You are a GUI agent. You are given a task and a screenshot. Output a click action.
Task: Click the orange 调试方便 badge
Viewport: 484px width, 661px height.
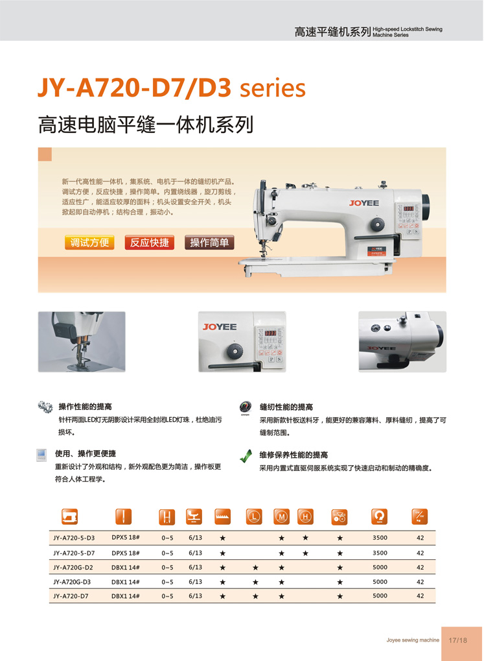(x=89, y=243)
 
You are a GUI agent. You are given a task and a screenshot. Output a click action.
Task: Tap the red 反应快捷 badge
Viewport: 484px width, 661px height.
(x=149, y=243)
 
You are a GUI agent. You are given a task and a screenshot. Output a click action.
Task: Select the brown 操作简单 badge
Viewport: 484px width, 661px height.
(x=209, y=243)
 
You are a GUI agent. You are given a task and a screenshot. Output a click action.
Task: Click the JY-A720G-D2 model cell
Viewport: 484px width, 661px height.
(x=73, y=568)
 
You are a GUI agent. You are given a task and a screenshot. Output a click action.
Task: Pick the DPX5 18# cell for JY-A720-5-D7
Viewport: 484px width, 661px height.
(x=126, y=553)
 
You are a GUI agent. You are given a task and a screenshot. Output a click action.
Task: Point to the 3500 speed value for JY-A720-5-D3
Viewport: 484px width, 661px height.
(x=380, y=538)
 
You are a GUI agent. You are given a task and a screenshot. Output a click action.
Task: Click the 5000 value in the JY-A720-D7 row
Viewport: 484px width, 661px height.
(x=380, y=595)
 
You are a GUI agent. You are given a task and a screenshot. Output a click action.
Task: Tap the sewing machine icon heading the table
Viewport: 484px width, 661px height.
(x=70, y=516)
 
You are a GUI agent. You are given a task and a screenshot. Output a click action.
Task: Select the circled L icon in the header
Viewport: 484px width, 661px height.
(x=254, y=516)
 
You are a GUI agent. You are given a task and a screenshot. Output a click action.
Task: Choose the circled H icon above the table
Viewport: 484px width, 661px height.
(x=305, y=516)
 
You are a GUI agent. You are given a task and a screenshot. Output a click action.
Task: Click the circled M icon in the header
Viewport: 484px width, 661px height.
(x=281, y=516)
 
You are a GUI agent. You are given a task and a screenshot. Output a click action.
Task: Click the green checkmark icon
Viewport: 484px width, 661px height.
(x=246, y=456)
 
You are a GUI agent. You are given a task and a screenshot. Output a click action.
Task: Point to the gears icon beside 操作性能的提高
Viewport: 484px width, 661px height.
(x=45, y=407)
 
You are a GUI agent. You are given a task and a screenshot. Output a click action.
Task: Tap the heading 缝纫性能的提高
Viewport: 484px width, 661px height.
(x=286, y=407)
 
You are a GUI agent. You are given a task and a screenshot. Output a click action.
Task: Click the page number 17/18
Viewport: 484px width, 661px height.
(x=457, y=640)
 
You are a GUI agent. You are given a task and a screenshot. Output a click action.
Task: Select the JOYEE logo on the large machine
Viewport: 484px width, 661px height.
(x=364, y=203)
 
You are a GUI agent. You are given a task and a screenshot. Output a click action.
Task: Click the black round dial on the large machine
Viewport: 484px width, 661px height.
(x=378, y=224)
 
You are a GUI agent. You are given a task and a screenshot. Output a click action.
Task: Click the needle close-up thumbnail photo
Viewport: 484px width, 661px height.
(x=82, y=342)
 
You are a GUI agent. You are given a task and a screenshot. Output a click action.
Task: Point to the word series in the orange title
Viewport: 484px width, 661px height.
(x=273, y=88)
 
